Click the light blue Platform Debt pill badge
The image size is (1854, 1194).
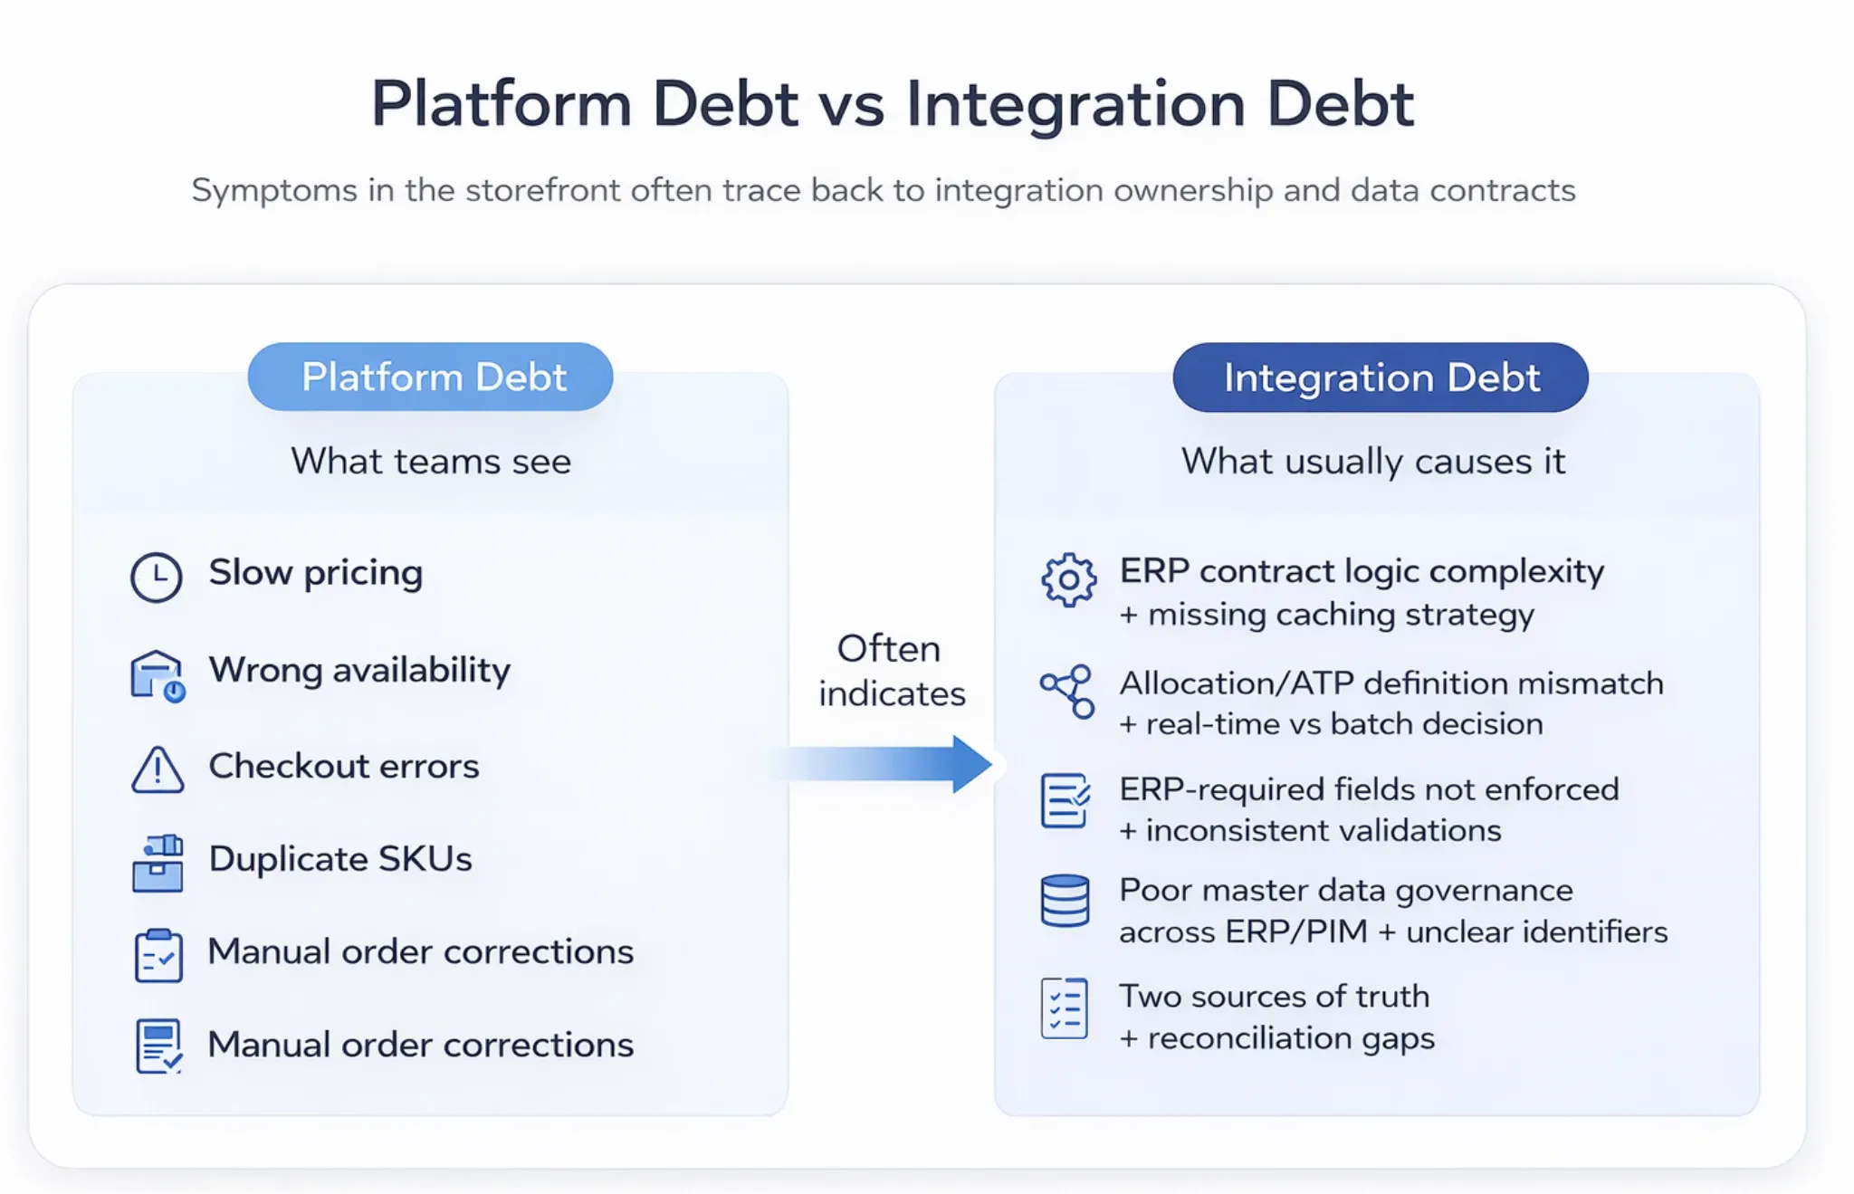(x=430, y=377)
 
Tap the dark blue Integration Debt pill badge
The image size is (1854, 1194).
(x=1380, y=377)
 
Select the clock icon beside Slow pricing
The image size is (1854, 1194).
(x=157, y=577)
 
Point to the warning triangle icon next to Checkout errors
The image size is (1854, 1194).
(x=158, y=770)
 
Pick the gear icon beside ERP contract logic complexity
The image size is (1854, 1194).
(x=1068, y=579)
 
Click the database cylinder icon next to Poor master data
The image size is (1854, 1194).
(x=1065, y=901)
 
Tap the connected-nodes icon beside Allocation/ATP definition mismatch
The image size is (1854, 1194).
(x=1068, y=692)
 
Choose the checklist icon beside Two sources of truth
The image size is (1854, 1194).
(x=1065, y=1008)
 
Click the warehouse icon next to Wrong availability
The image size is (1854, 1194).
(x=158, y=675)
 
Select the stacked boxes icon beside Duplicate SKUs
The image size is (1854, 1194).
(x=158, y=864)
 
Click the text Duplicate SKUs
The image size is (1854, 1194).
(x=340, y=858)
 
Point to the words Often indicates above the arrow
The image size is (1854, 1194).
(x=891, y=671)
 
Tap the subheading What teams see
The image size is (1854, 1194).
(x=431, y=462)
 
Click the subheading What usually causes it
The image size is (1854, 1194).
(x=1372, y=462)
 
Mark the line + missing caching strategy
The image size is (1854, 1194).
(x=1326, y=615)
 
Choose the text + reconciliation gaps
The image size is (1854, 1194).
(x=1276, y=1037)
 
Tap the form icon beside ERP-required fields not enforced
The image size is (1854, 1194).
(x=1066, y=800)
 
